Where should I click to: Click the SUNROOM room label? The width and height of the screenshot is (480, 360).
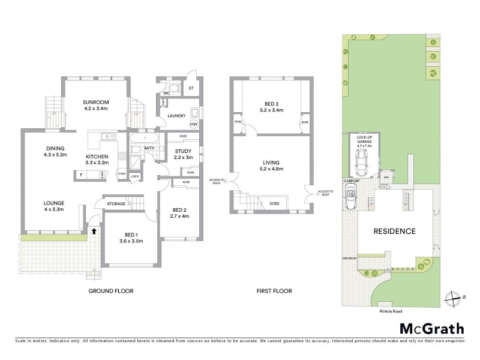pos(95,103)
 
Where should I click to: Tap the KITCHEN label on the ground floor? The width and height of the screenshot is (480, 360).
pos(96,155)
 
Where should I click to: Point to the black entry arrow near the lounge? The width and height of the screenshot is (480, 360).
pos(93,229)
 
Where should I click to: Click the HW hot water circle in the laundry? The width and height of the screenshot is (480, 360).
pos(193,124)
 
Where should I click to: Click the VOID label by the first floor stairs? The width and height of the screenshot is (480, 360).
pos(274,203)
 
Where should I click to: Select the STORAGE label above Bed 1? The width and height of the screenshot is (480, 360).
pos(116,204)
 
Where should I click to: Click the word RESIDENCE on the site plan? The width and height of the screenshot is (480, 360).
pos(394,231)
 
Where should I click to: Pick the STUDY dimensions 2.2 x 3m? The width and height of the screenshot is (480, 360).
pos(182,157)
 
